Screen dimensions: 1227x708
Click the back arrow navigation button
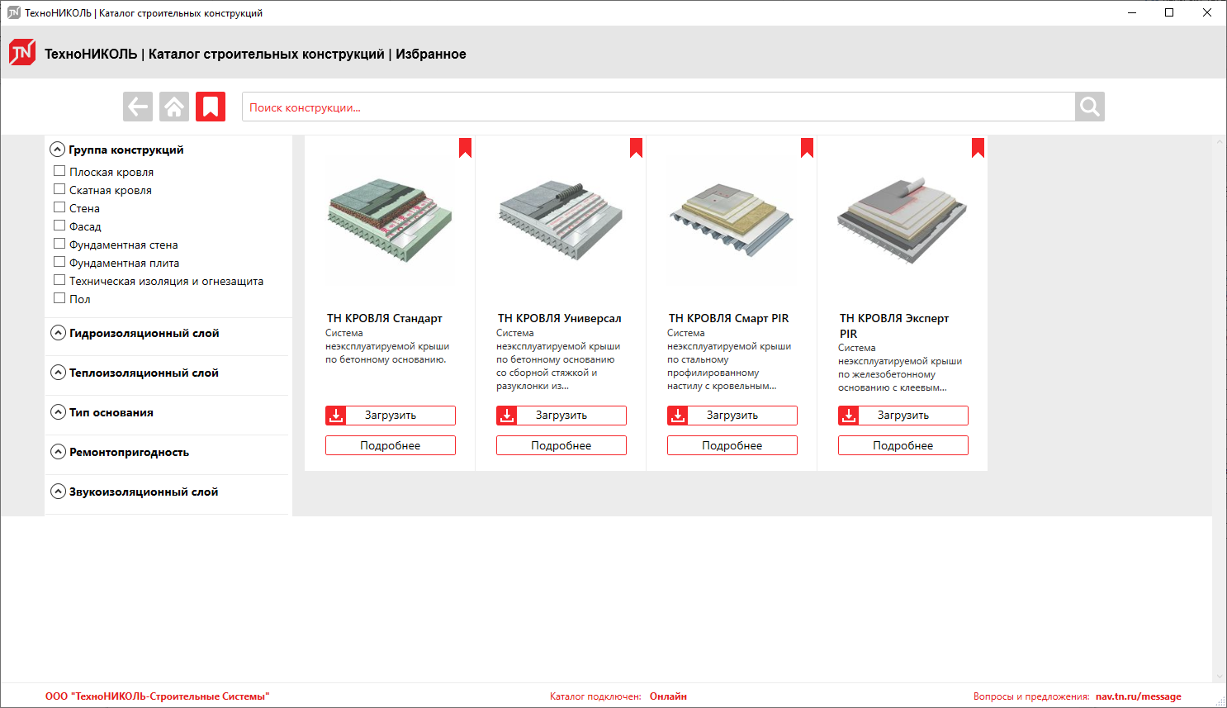(138, 107)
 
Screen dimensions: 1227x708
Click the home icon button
(174, 107)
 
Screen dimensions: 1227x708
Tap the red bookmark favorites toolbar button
(211, 107)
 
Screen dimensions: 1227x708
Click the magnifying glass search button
(1089, 107)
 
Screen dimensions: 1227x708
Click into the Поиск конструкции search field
(658, 107)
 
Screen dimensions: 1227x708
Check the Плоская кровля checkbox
(59, 171)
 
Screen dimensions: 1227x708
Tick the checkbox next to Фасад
(59, 226)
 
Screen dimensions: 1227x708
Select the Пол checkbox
(59, 298)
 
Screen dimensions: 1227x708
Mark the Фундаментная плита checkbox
(59, 262)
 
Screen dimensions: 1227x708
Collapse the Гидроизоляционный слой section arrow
(58, 333)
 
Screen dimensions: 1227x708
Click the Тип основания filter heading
(111, 412)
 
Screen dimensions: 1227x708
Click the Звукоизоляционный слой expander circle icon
(58, 492)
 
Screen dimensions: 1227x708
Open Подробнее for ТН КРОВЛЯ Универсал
(561, 445)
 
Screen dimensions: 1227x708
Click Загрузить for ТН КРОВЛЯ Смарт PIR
(732, 416)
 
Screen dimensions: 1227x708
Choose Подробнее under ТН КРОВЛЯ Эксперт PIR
(902, 445)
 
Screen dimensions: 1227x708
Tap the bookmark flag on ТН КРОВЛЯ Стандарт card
(465, 148)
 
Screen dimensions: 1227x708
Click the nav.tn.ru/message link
(1139, 696)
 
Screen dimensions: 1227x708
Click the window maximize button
(1169, 12)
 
